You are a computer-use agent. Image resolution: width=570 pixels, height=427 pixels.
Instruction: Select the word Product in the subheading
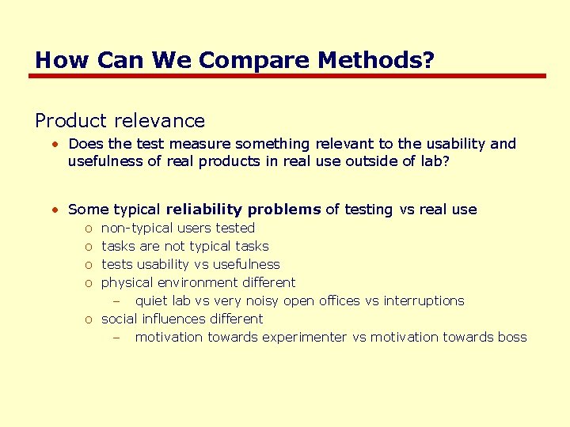click(70, 121)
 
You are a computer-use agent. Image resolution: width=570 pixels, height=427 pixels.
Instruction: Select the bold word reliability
click(204, 210)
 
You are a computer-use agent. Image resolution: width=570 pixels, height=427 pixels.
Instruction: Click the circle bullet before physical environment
click(88, 283)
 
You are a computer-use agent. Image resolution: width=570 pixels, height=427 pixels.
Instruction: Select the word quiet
click(152, 300)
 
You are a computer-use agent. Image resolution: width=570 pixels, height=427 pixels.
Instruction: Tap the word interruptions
click(424, 300)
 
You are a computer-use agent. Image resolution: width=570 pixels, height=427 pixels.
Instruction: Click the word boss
click(512, 337)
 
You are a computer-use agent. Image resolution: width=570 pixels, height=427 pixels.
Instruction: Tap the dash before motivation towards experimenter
click(116, 338)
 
